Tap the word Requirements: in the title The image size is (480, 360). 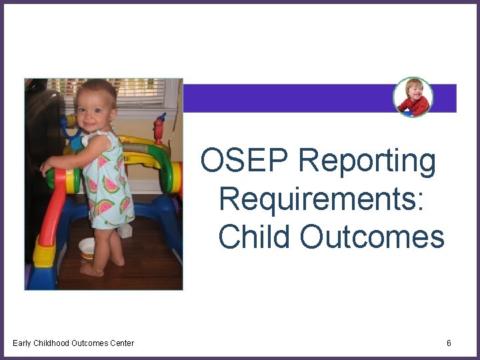pos(321,199)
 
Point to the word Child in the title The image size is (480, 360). pos(254,237)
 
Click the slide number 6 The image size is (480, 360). pos(449,343)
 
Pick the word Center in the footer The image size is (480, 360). pos(121,343)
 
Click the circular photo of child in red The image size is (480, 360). pos(413,97)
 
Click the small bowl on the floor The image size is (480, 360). pos(87,247)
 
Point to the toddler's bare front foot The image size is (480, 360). pos(91,270)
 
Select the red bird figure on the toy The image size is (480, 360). pos(159,127)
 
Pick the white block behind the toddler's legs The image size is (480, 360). pos(125,231)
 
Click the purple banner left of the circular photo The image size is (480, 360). pos(287,98)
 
